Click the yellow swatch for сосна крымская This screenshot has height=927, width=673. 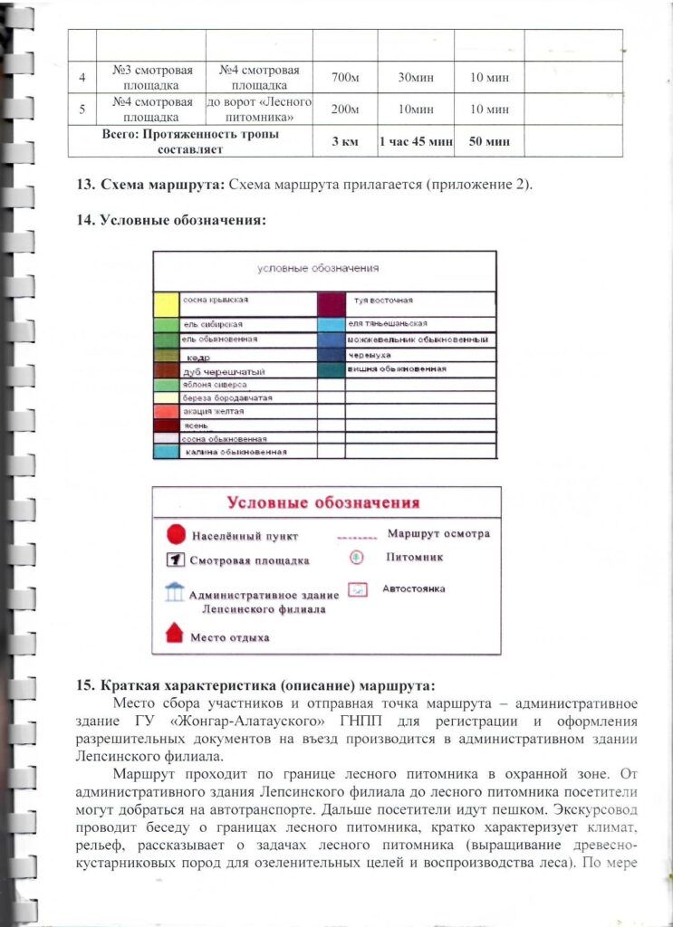point(166,303)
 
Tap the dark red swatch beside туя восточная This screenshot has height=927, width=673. point(332,303)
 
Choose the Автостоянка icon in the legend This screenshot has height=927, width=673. point(358,589)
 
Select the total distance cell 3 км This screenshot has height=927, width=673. point(344,141)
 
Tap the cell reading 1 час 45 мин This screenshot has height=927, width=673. point(415,141)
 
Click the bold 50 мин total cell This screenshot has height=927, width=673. point(489,141)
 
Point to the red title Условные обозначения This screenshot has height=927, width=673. point(323,503)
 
